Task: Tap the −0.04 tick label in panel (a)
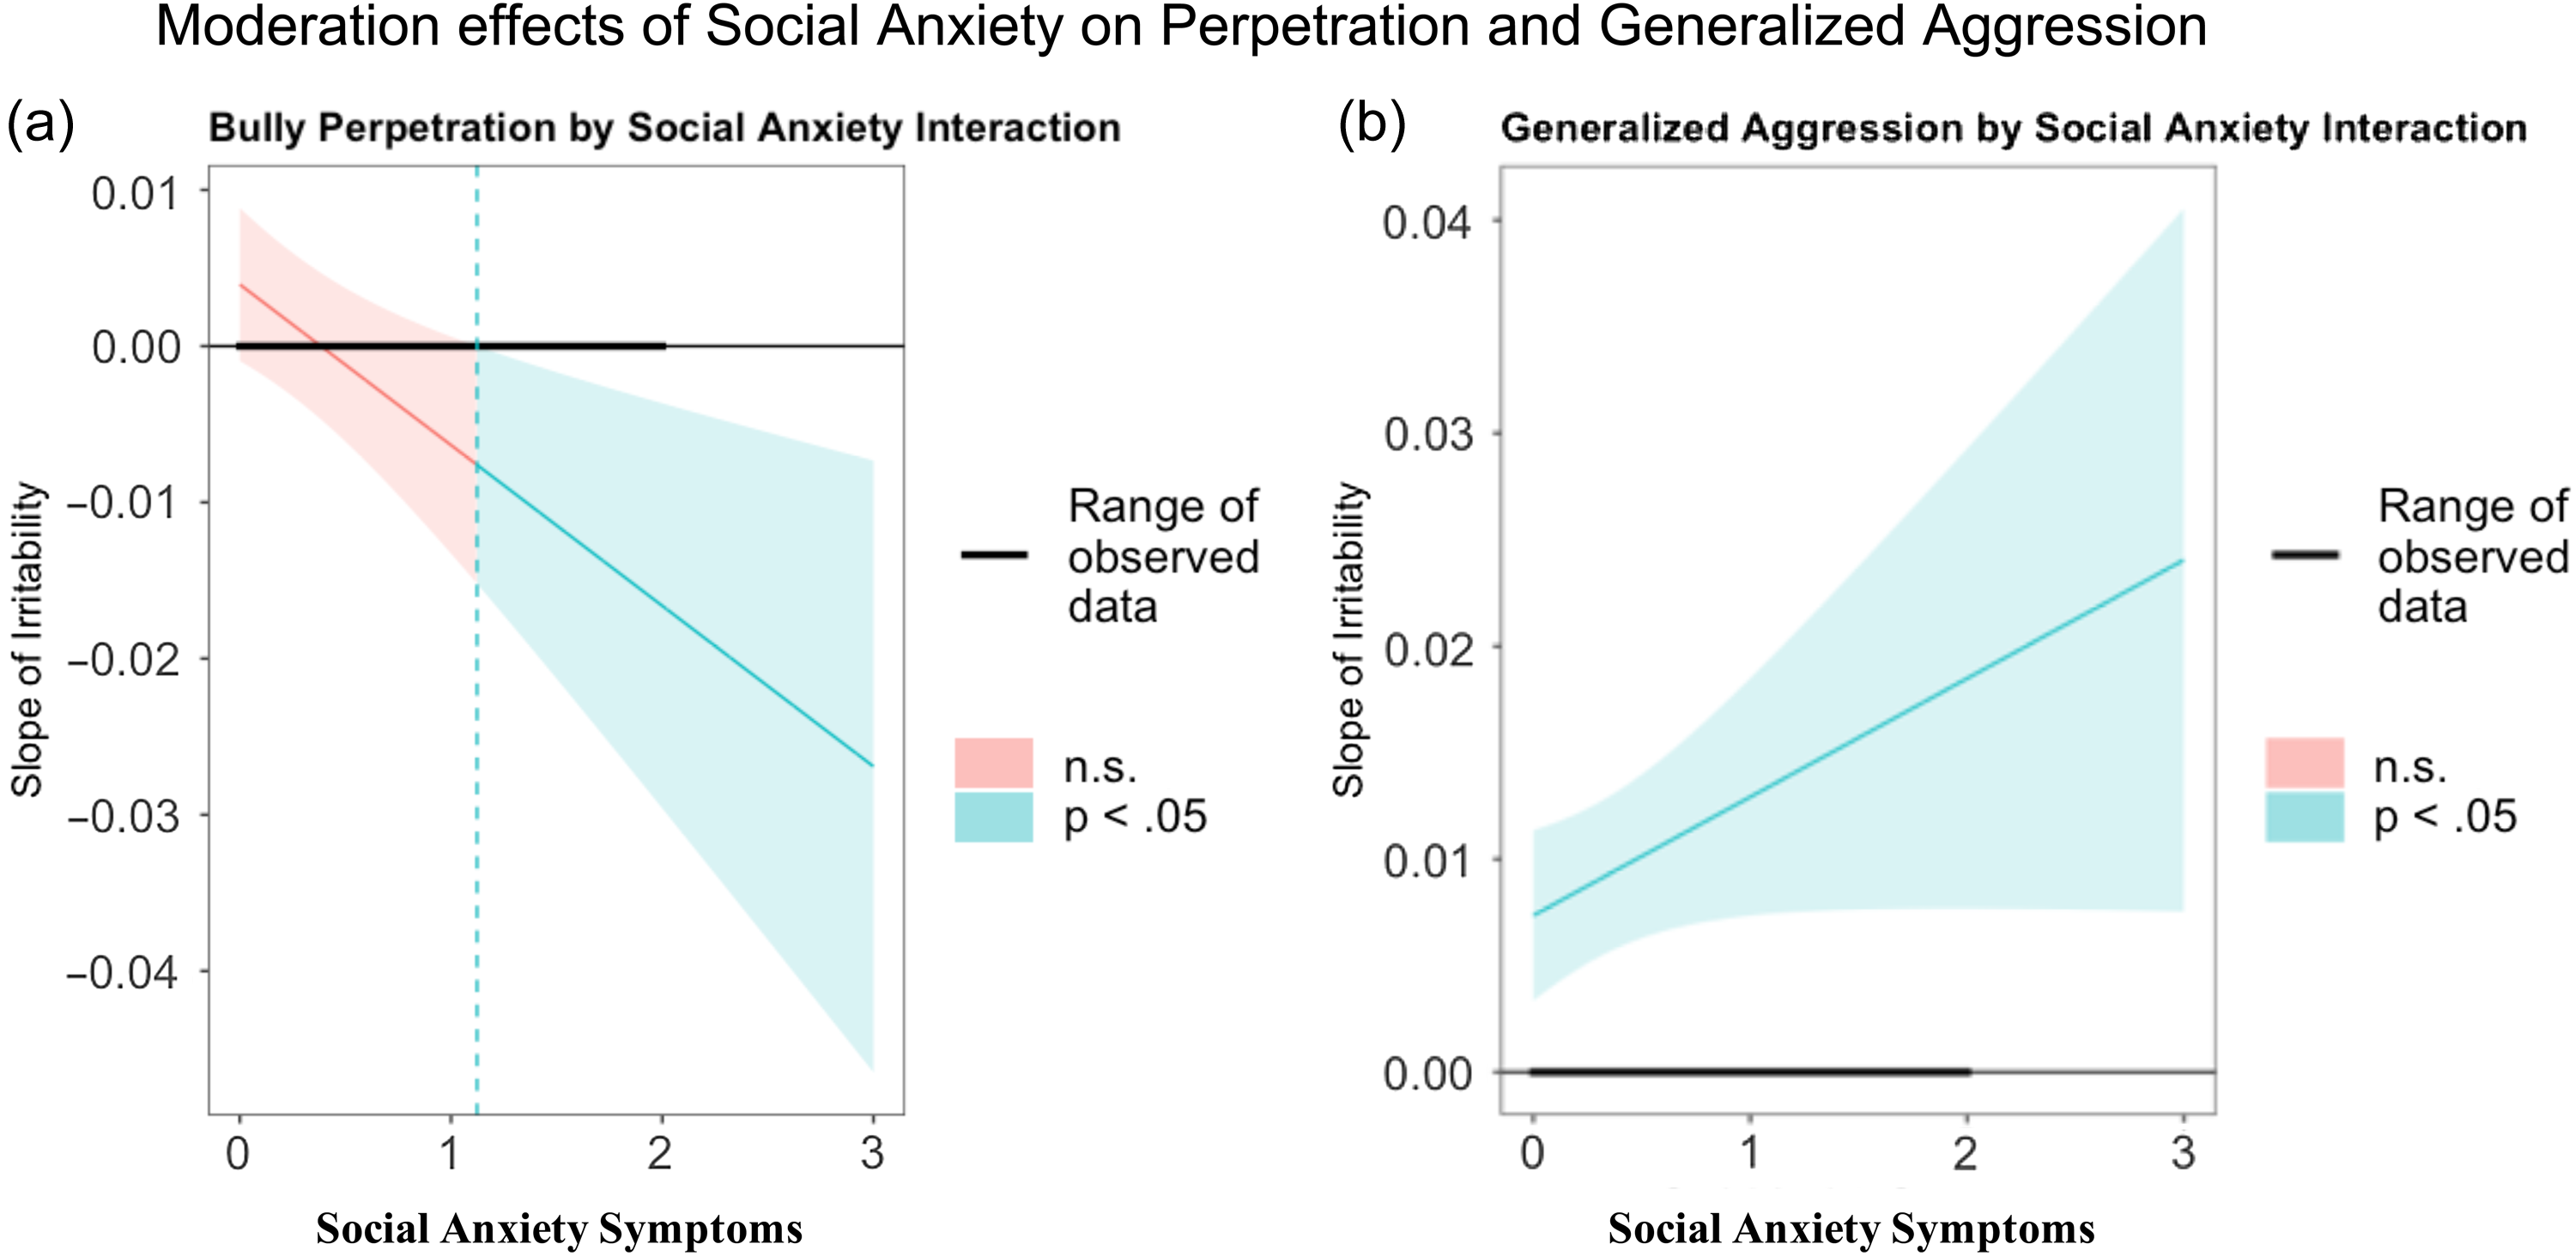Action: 123,972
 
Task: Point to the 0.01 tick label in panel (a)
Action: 135,193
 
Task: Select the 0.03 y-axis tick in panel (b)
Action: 1428,435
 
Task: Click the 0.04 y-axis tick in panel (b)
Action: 1428,222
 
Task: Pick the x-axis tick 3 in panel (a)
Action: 873,1154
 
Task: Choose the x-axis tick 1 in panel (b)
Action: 1749,1154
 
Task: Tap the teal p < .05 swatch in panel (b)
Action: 2304,818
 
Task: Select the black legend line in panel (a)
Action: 994,554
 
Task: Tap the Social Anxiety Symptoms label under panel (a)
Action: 559,1228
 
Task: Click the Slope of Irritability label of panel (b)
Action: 1348,639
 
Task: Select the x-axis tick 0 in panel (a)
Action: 238,1154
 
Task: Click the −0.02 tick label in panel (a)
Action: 123,660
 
